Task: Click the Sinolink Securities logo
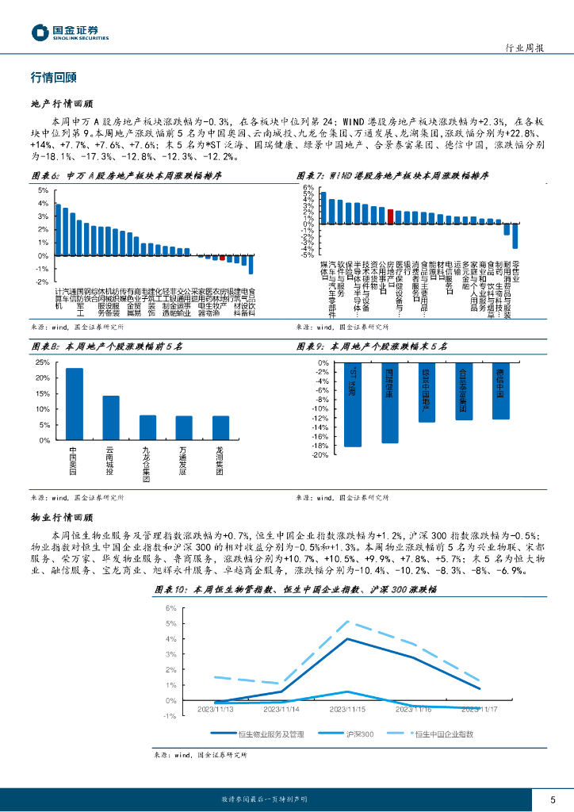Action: tap(69, 33)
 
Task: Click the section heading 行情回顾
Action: tap(52, 78)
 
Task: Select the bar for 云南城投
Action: tap(111, 418)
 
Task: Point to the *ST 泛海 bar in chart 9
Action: tap(353, 404)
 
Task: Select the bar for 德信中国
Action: tap(501, 391)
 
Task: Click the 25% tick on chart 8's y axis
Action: tap(43, 362)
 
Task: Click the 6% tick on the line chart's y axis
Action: tap(171, 608)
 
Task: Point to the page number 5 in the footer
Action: tap(553, 799)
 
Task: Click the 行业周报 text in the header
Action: tap(524, 48)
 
